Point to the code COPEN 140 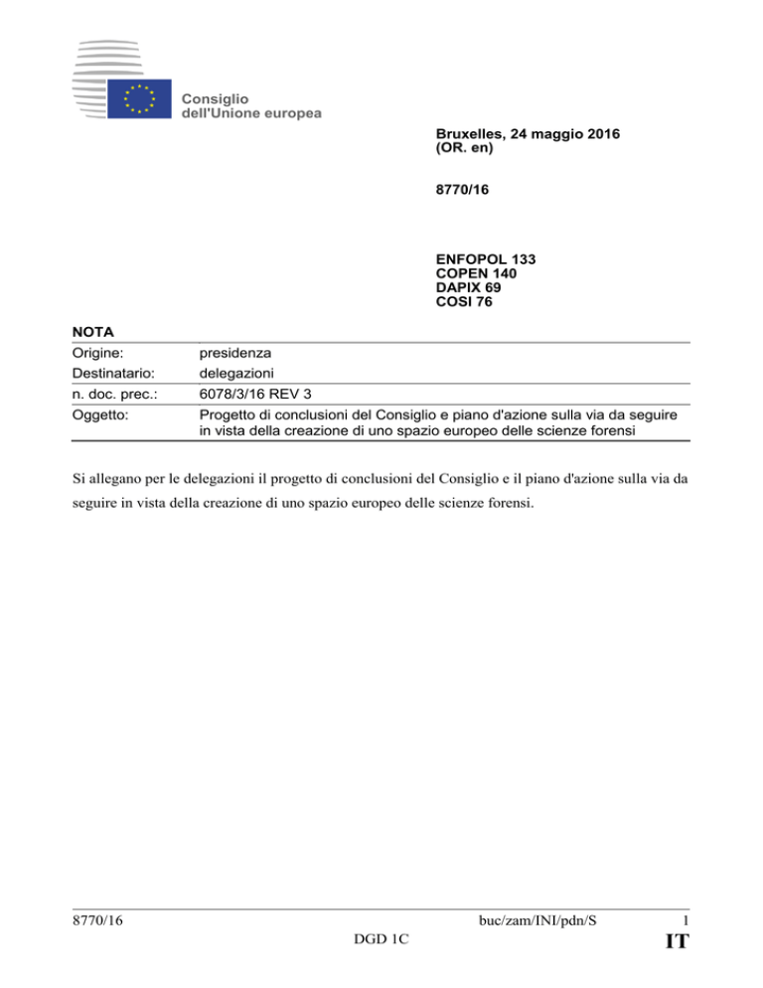476,273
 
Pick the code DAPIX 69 471,287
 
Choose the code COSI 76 466,301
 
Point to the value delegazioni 237,373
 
